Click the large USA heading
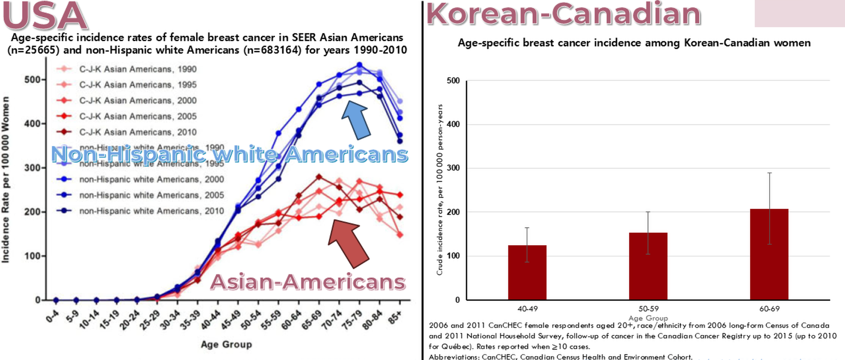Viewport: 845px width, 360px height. [x=45, y=16]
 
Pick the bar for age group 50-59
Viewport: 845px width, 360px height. [x=648, y=266]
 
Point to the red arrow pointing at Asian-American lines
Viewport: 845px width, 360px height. [x=348, y=242]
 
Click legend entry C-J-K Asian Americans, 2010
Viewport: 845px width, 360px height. [x=137, y=132]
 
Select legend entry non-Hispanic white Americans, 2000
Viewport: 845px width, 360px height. [x=151, y=180]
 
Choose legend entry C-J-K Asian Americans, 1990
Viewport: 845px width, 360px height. [x=137, y=69]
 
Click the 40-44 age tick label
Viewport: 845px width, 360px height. [x=211, y=319]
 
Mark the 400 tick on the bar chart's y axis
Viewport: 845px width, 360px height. [x=453, y=125]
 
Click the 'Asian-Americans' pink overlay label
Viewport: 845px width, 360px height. [x=307, y=282]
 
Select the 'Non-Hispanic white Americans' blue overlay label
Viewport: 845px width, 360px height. [x=229, y=154]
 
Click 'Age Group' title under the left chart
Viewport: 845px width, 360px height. [x=226, y=344]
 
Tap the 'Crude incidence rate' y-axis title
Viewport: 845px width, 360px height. [x=439, y=190]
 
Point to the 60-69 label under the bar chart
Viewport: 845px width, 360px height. [x=769, y=309]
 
